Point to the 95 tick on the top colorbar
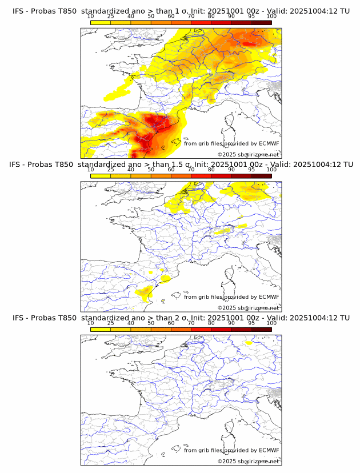coord(251,17)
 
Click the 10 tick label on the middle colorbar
coord(90,170)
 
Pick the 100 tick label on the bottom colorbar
coord(271,323)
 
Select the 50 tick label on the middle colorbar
coord(151,170)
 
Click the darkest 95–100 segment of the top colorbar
coord(261,22)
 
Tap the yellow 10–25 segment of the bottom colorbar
coord(101,329)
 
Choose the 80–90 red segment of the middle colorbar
coord(221,176)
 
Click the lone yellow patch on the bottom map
coord(248,343)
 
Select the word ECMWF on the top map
coord(269,144)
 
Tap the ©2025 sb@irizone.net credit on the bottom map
coord(248,461)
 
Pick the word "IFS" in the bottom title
coord(18,318)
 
